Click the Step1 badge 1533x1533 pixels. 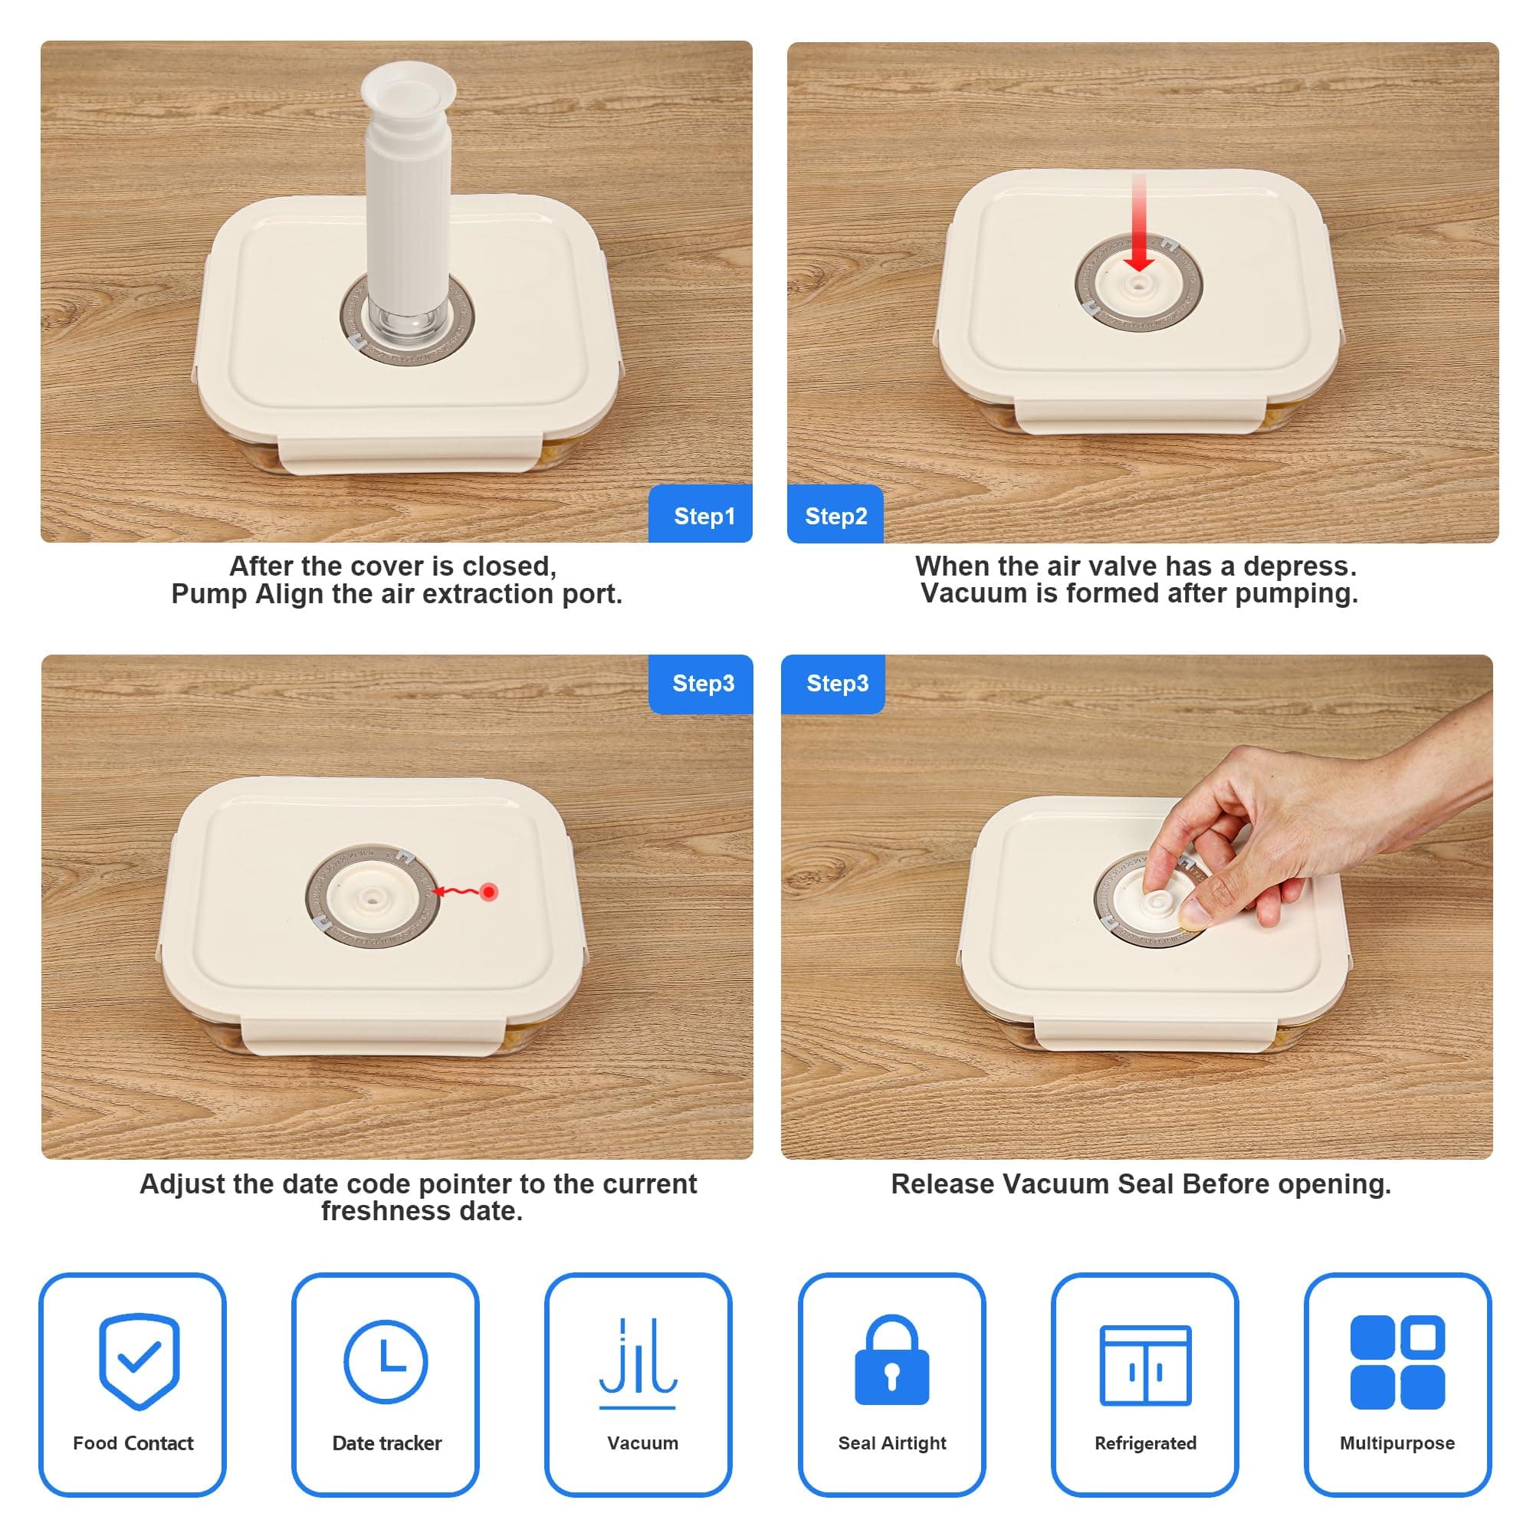point(701,514)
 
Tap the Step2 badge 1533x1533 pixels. point(835,514)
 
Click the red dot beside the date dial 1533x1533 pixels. point(490,892)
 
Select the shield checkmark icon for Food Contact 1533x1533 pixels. point(140,1361)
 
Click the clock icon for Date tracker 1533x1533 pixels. point(386,1361)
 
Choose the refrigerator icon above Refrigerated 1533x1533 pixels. point(1145,1365)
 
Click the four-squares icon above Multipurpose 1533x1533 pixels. point(1397,1361)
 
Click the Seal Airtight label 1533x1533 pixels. point(892,1443)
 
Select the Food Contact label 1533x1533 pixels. point(133,1443)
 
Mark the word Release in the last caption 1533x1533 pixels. point(943,1184)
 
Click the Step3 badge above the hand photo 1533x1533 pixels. point(837,683)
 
